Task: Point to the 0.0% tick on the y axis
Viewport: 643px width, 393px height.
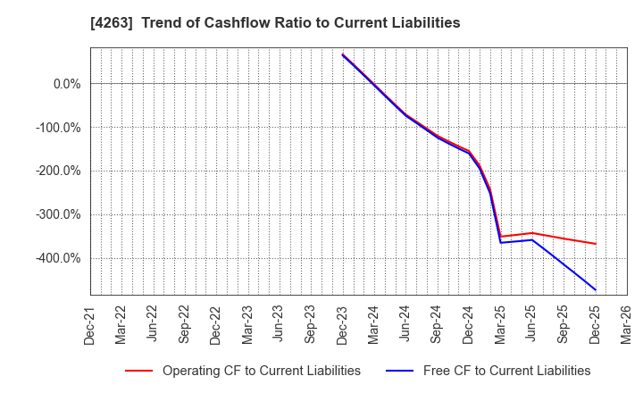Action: [61, 84]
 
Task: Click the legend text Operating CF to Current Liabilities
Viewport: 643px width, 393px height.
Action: [261, 371]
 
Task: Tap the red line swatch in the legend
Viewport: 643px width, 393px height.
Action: [139, 371]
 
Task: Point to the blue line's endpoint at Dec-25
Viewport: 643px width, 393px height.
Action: [596, 289]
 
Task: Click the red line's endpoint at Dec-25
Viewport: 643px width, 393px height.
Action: [596, 244]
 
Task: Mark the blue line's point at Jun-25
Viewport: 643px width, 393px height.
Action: [532, 239]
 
